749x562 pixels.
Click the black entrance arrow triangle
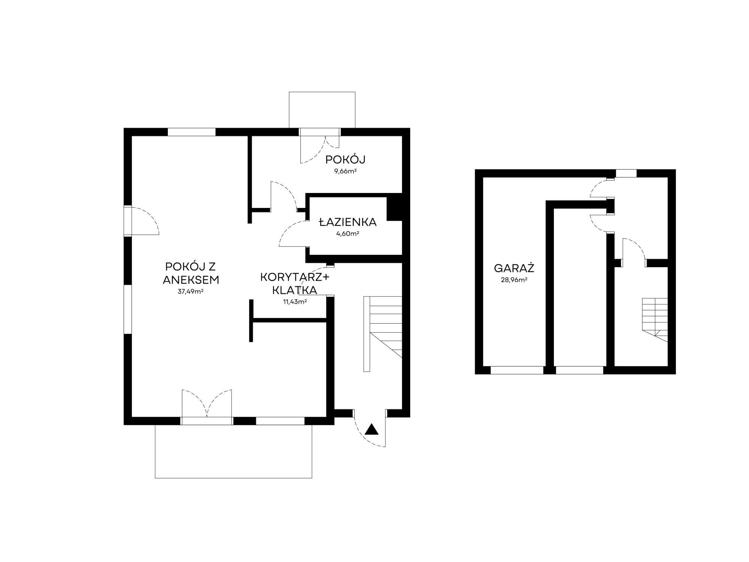(372, 429)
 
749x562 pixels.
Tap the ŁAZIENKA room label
(348, 222)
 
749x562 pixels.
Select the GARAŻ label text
(514, 268)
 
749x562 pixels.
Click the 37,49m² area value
(191, 291)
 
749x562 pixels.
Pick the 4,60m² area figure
(348, 233)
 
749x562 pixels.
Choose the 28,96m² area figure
(514, 280)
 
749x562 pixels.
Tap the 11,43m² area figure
(295, 302)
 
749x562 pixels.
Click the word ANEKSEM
(191, 280)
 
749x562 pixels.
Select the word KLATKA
(295, 290)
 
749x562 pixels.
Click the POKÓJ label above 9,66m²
(345, 160)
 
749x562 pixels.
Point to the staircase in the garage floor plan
(655, 320)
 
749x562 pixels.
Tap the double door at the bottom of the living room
(207, 406)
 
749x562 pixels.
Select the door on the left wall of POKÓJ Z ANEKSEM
(142, 221)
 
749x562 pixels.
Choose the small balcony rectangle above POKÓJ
(322, 110)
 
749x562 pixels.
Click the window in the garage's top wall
(626, 173)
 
